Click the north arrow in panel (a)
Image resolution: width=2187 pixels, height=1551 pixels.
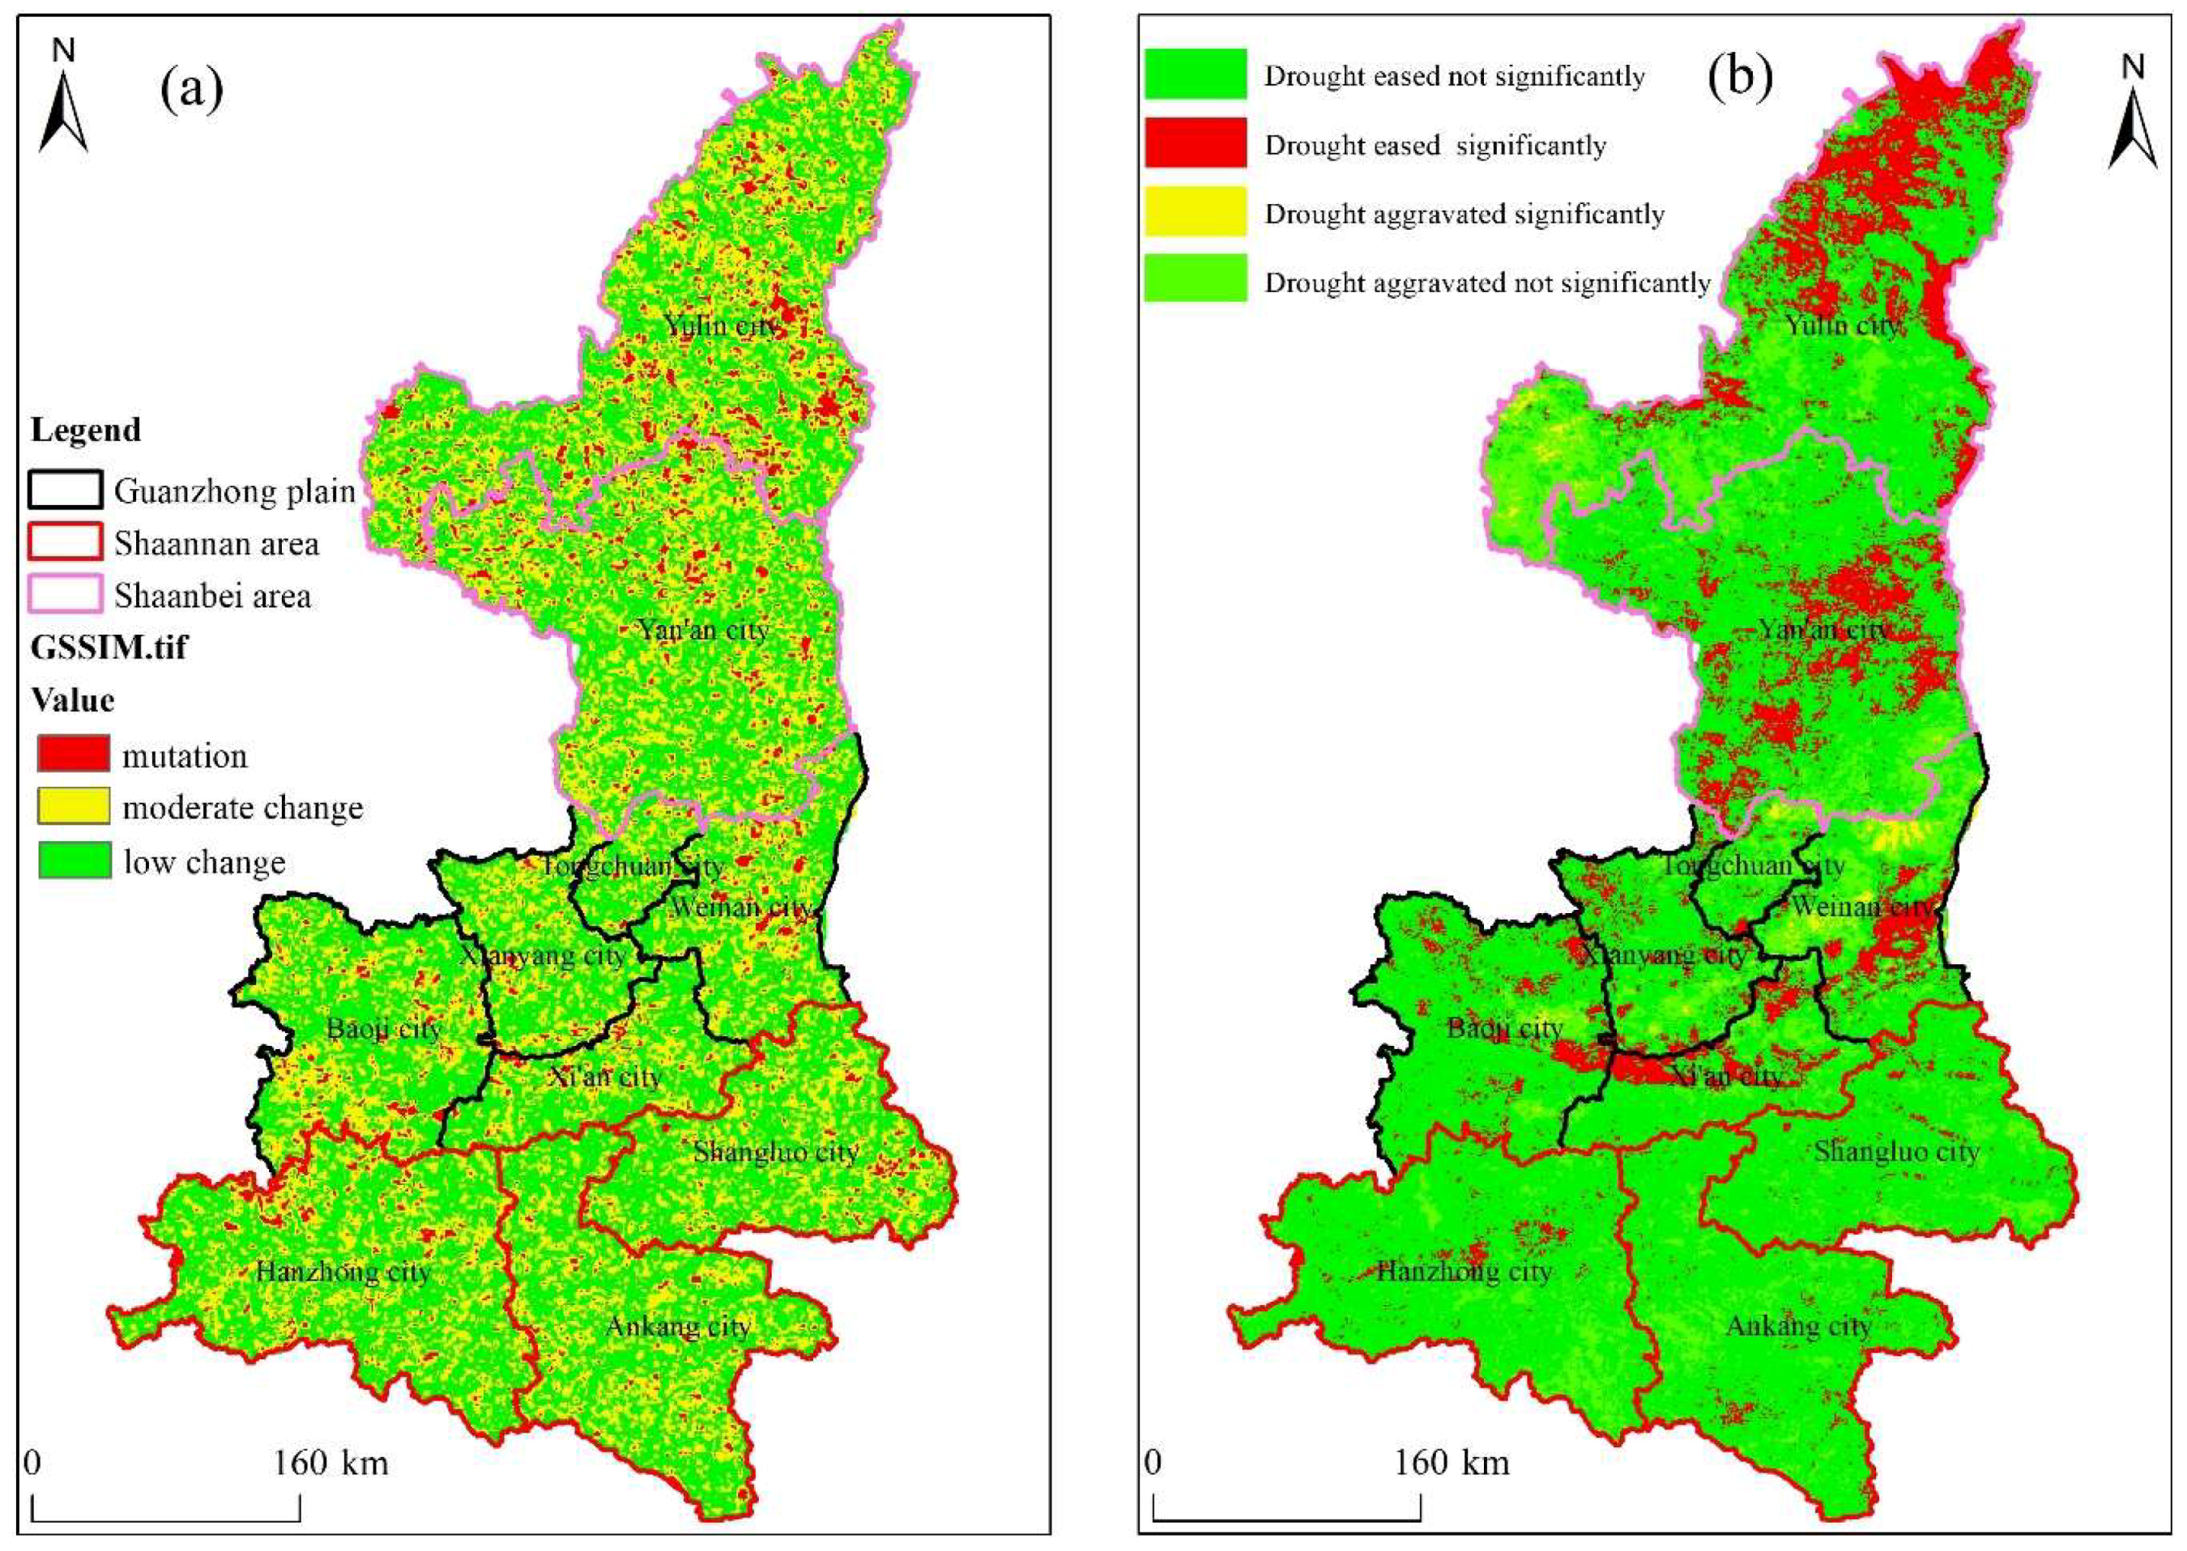(63, 100)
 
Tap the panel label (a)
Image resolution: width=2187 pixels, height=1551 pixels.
(191, 89)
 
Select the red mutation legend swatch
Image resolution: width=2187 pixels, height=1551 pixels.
(74, 754)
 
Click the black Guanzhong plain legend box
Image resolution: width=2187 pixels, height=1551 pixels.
(65, 491)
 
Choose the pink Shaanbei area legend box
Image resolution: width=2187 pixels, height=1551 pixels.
(65, 595)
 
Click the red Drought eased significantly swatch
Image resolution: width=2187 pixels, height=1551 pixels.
(1196, 143)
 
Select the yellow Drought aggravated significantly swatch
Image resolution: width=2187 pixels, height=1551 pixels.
(1196, 212)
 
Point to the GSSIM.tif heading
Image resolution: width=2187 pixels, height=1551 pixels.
(109, 648)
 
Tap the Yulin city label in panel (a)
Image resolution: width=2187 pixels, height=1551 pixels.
(723, 325)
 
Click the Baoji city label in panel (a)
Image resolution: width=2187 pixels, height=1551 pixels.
(383, 1029)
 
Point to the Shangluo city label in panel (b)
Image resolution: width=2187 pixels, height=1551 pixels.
(1895, 1152)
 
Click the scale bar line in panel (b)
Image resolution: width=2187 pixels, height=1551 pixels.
(1286, 1519)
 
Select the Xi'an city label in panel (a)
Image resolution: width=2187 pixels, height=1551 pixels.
(605, 1077)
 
